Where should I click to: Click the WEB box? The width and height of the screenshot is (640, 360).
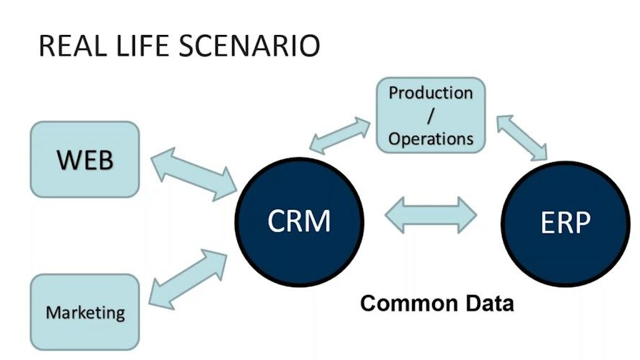(x=85, y=159)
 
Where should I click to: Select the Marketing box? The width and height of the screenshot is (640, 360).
(x=85, y=312)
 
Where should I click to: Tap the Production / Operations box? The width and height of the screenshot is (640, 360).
(x=431, y=116)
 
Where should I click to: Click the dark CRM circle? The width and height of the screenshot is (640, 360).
(x=299, y=222)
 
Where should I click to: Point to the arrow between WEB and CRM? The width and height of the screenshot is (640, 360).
(x=194, y=174)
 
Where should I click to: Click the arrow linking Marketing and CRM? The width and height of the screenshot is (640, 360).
(x=188, y=279)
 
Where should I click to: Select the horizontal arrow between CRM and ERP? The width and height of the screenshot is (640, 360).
(x=431, y=215)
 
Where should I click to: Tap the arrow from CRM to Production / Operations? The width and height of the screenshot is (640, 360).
(x=339, y=136)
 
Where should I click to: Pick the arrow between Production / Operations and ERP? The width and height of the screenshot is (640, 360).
(x=522, y=138)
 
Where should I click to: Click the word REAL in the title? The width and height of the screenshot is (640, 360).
(x=70, y=46)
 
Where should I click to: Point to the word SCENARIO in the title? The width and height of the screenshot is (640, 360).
(x=249, y=46)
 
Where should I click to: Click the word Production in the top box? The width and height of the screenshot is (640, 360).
(x=431, y=93)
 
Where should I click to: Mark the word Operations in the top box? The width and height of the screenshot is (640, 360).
(x=431, y=139)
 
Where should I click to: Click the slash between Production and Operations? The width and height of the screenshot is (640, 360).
(x=431, y=116)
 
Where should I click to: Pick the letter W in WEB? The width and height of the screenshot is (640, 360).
(x=67, y=159)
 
